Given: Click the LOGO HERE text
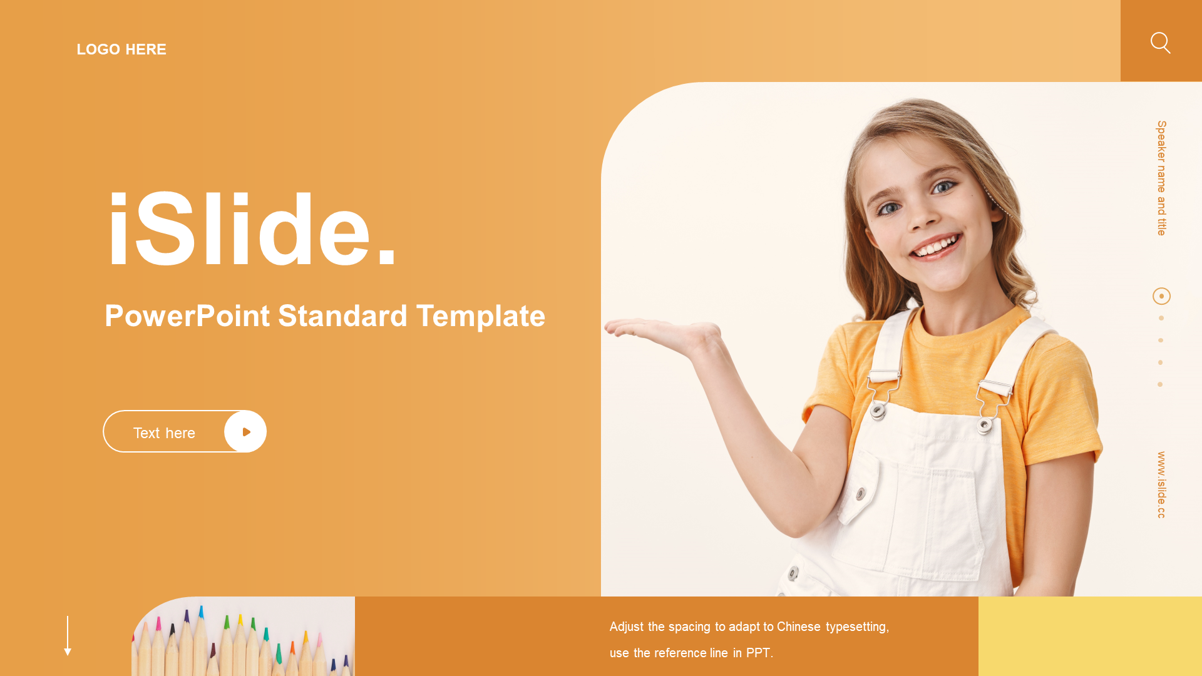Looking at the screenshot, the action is coord(121,49).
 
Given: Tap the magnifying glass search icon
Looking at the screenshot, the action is coord(1160,43).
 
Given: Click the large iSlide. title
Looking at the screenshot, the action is coord(252,230).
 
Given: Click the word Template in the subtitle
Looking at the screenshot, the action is coord(481,316).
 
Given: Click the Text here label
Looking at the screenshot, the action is coord(164,433).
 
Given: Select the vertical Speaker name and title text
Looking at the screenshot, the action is coord(1161,178).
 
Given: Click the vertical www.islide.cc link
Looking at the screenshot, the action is coord(1161,485).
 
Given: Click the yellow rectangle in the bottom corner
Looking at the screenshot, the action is coord(1090,636).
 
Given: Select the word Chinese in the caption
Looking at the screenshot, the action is coord(798,627).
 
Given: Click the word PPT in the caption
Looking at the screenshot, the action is coord(758,653).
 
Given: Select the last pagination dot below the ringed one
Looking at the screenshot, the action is coord(1160,384).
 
